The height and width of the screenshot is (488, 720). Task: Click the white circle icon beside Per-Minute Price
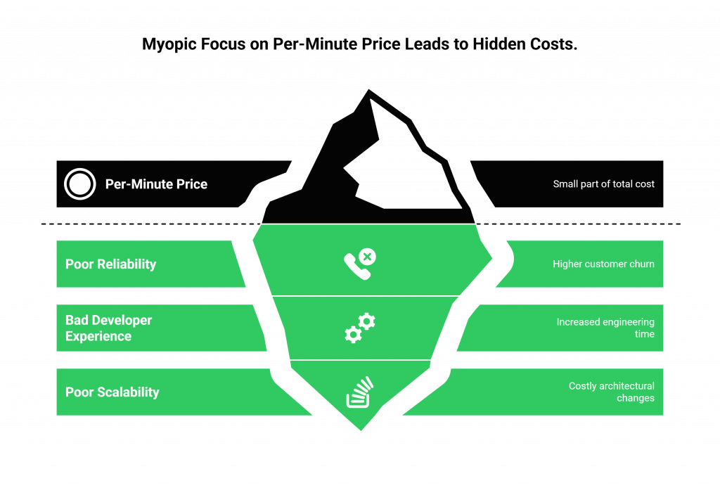(79, 184)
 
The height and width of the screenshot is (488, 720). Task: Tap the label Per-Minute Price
(156, 184)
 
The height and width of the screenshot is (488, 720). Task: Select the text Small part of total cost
(603, 184)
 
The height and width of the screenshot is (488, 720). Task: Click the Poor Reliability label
(110, 264)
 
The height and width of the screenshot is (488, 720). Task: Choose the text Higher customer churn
(603, 264)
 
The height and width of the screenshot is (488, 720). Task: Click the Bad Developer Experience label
(108, 328)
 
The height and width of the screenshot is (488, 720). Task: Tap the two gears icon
(360, 328)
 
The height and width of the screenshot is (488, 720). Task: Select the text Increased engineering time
(605, 328)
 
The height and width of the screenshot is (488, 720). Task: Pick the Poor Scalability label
(112, 392)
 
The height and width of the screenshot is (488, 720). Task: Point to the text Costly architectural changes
(611, 392)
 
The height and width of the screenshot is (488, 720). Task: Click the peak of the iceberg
(366, 89)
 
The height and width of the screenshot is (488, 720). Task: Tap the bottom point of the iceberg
(361, 430)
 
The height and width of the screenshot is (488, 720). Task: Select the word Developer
(124, 321)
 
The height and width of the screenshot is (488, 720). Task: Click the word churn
(641, 264)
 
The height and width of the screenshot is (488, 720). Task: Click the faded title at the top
(359, 44)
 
